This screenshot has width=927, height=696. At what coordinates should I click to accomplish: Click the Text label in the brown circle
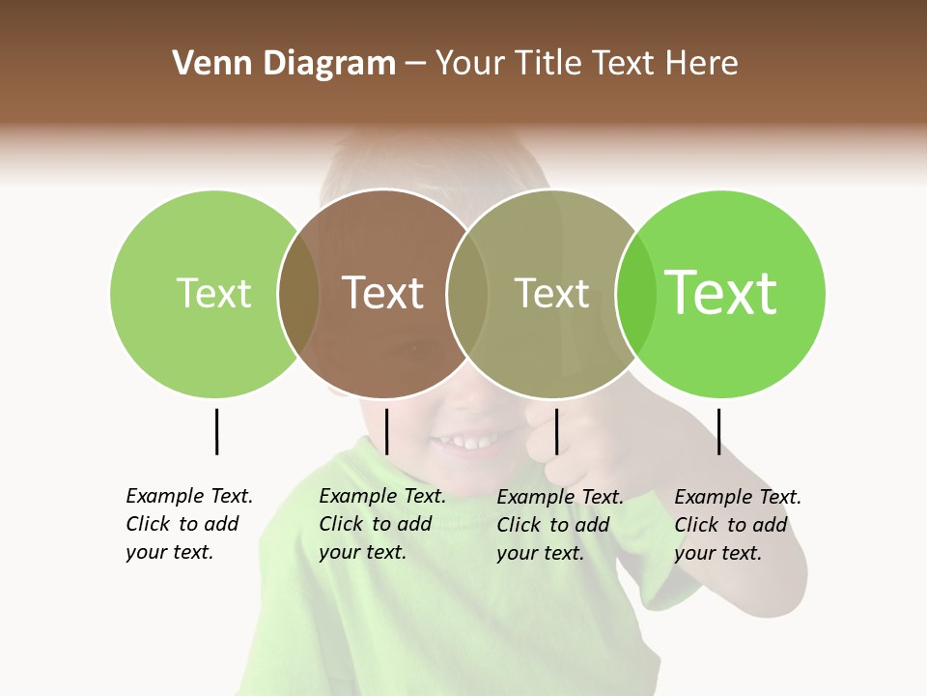click(x=383, y=293)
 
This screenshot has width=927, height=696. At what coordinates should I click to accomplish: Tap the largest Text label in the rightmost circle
click(x=721, y=293)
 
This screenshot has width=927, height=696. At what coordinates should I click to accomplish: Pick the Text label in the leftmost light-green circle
click(x=214, y=293)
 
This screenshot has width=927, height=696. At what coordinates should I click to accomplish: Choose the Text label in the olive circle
click(x=551, y=293)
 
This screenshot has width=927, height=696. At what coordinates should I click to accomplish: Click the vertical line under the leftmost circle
click(x=216, y=431)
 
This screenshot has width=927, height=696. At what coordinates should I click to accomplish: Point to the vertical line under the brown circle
click(x=386, y=431)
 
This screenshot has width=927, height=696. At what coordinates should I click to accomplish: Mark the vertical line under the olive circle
click(x=556, y=431)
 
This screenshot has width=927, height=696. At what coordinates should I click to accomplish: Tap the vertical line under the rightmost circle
click(x=718, y=431)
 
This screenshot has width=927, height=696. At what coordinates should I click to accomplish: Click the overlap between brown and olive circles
click(x=467, y=293)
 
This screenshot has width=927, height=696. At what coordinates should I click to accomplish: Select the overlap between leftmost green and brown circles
click(x=298, y=293)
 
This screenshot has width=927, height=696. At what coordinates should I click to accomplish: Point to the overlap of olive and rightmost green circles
click(x=636, y=293)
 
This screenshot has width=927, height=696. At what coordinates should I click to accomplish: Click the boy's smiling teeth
click(x=465, y=444)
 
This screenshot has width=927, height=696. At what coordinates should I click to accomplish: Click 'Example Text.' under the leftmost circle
click(x=189, y=496)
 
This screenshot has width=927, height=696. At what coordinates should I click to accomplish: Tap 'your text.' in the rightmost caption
click(x=717, y=553)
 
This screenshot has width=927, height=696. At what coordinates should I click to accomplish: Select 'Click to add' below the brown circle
click(x=375, y=524)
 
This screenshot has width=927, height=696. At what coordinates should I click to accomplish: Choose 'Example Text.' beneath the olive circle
click(x=560, y=497)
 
